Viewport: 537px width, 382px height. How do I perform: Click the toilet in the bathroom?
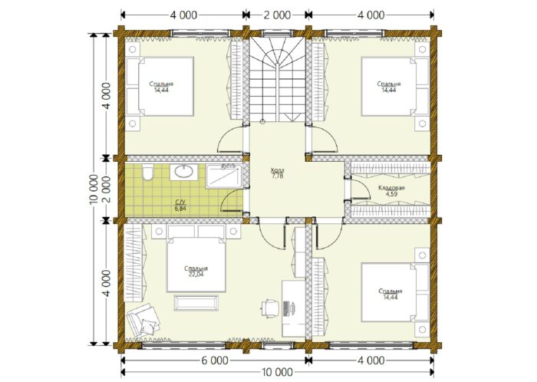point(147,172)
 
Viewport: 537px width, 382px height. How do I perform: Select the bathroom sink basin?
point(184,171)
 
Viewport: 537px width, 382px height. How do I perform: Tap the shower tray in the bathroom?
point(224,176)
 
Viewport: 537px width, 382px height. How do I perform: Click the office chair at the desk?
point(270,308)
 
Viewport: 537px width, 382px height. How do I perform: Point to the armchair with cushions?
point(143,320)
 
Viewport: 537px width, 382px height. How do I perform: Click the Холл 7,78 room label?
point(277,173)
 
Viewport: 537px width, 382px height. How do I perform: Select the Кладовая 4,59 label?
point(391,191)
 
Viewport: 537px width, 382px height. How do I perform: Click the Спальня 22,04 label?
point(196,271)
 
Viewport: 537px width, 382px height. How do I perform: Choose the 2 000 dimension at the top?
point(278,15)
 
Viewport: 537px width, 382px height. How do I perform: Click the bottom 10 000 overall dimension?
point(278,372)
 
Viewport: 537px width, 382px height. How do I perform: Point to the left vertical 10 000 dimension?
point(94,189)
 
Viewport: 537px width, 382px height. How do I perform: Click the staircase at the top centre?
point(277,79)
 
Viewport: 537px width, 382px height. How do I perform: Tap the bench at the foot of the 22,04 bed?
point(196,303)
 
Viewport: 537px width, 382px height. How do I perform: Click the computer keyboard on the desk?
point(286,307)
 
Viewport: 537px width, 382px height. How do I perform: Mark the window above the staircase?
point(278,33)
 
